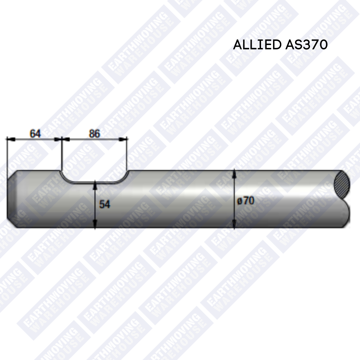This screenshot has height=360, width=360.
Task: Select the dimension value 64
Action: pyautogui.click(x=35, y=134)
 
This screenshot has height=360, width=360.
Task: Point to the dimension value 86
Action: pyautogui.click(x=94, y=134)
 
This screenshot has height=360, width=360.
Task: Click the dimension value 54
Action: pyautogui.click(x=105, y=204)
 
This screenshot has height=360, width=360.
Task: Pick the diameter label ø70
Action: pyautogui.click(x=246, y=201)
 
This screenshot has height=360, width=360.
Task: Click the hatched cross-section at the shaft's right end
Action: pyautogui.click(x=342, y=185)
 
